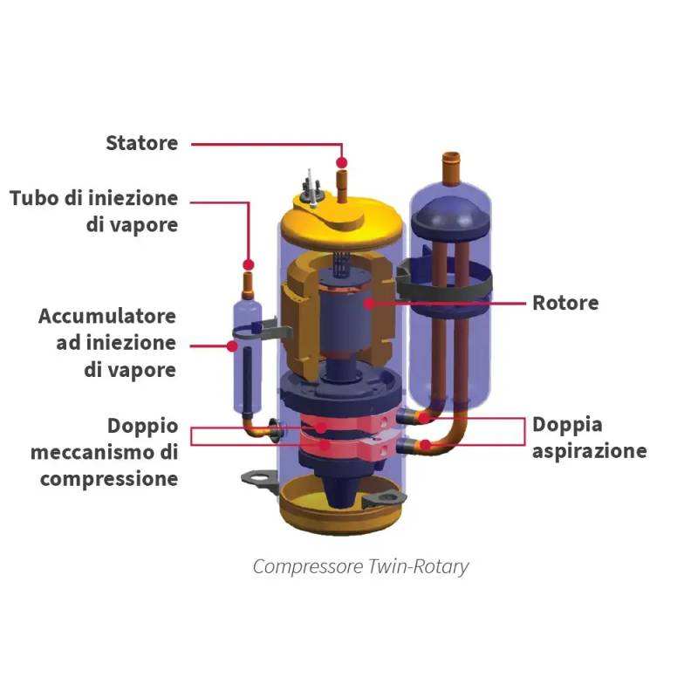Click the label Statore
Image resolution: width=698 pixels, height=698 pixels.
pyautogui.click(x=141, y=142)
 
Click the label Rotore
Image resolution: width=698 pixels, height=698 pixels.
pyautogui.click(x=565, y=304)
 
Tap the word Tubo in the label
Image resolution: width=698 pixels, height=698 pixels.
pyautogui.click(x=35, y=198)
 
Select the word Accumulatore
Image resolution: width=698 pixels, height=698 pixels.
pyautogui.click(x=106, y=316)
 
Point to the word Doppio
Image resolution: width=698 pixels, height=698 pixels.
pyautogui.click(x=142, y=427)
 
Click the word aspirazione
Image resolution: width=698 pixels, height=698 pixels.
pyautogui.click(x=590, y=451)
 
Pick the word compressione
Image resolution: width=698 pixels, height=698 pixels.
pyautogui.click(x=109, y=479)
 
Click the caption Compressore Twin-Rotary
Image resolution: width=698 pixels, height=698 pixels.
pyautogui.click(x=360, y=566)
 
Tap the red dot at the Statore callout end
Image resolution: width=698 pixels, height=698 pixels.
pyautogui.click(x=342, y=162)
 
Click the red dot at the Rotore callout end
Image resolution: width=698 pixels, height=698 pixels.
pyautogui.click(x=369, y=304)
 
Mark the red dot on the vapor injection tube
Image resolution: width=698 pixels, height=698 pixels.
pyautogui.click(x=248, y=263)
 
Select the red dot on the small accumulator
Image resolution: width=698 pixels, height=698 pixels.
pyautogui.click(x=232, y=346)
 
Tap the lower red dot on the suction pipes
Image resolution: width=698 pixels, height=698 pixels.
pyautogui.click(x=425, y=445)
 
